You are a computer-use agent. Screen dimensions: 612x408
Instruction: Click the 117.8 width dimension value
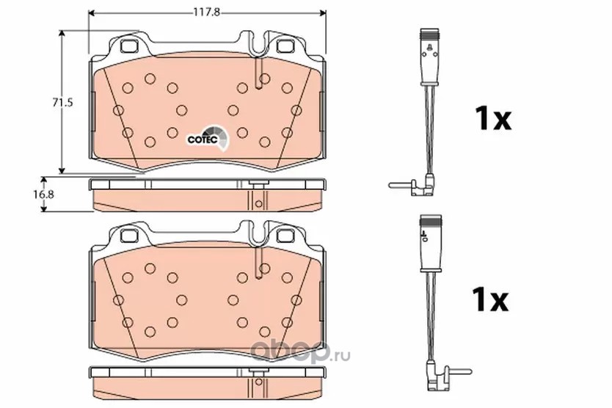pyautogui.click(x=207, y=12)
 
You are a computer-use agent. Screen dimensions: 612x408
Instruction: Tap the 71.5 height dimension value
pyautogui.click(x=63, y=102)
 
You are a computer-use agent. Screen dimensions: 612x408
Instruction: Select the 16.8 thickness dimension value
pyautogui.click(x=43, y=194)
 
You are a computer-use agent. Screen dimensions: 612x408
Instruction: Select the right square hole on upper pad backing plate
pyautogui.click(x=285, y=46)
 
